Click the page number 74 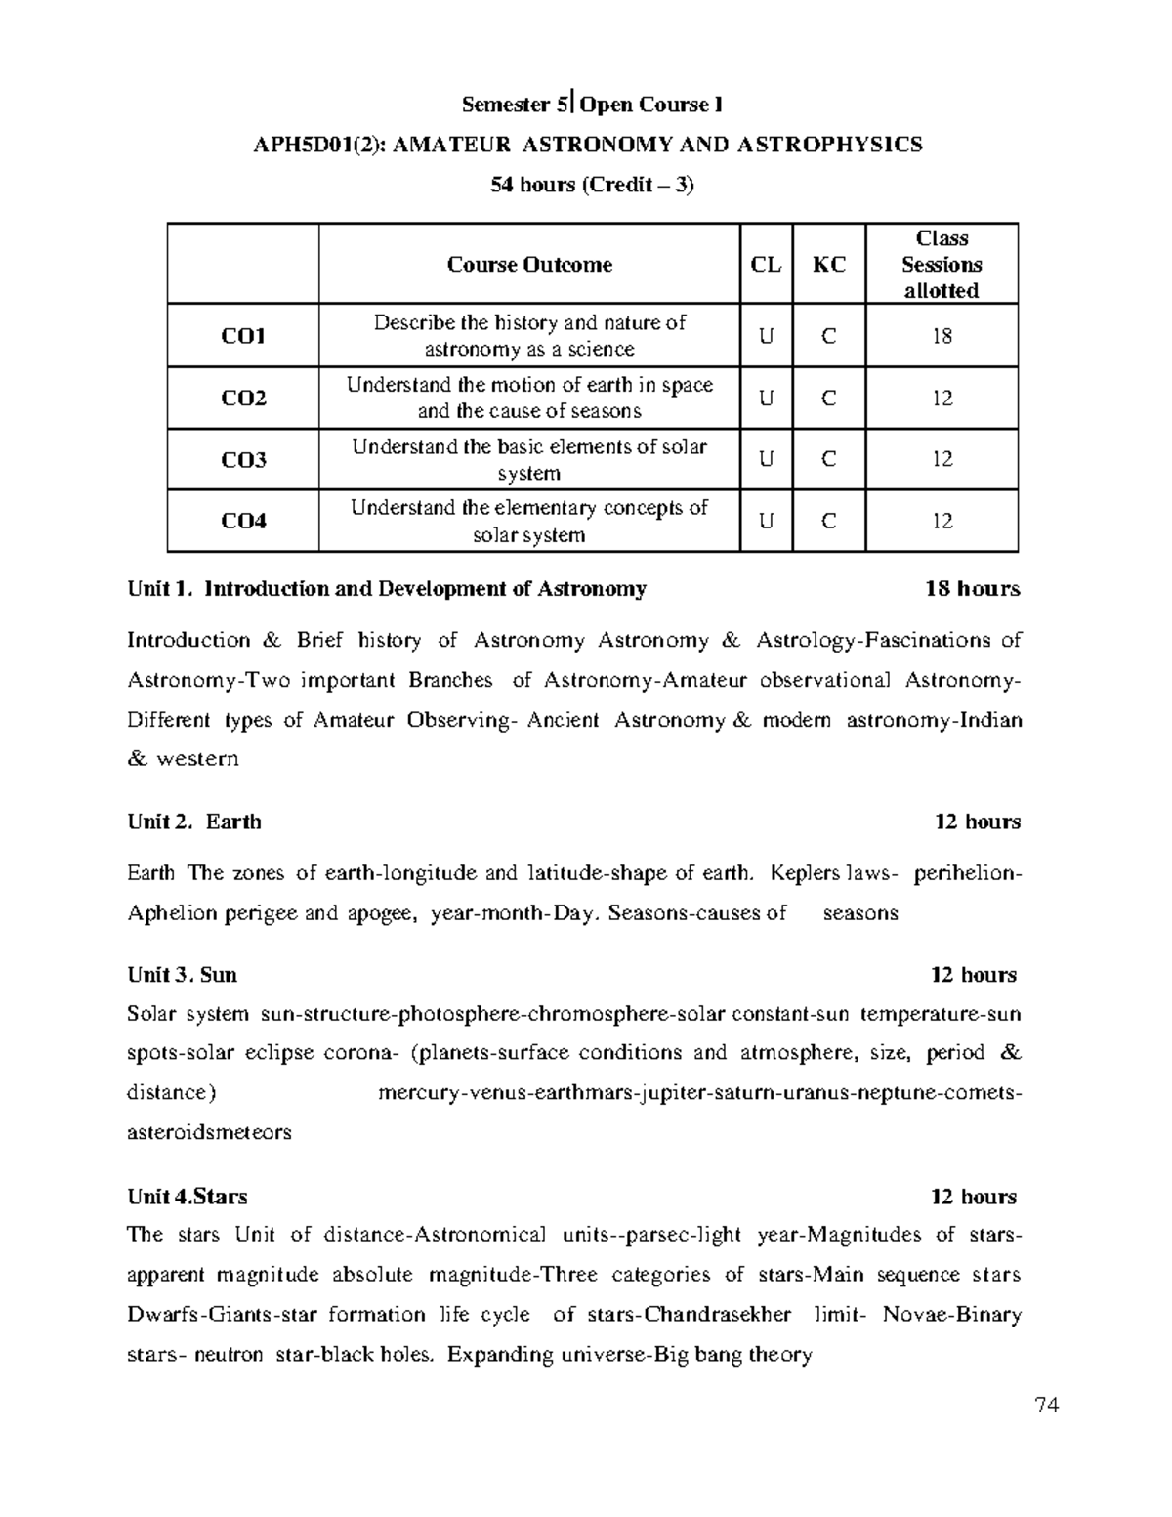click(1047, 1406)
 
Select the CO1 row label click(243, 336)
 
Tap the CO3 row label click(243, 459)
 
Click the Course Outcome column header click(529, 265)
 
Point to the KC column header click(829, 265)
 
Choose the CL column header click(766, 265)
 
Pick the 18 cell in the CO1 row click(942, 336)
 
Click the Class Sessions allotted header click(942, 265)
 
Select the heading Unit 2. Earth click(194, 822)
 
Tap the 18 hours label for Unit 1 click(972, 589)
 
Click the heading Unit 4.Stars click(188, 1197)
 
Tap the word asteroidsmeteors click(210, 1133)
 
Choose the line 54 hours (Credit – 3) click(592, 185)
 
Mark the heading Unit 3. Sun click(183, 975)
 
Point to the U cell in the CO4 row click(766, 521)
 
